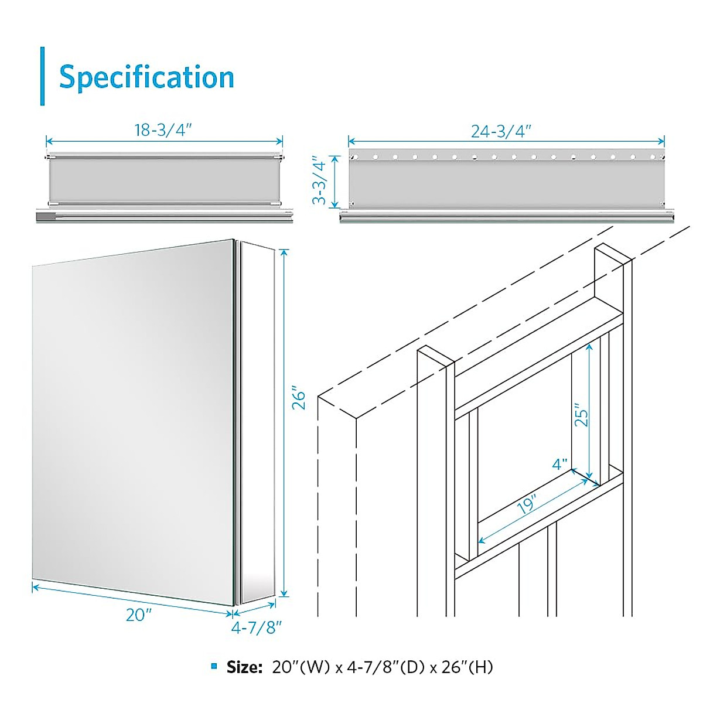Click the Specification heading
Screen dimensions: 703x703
tap(146, 77)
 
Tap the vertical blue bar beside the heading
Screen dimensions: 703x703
tap(42, 76)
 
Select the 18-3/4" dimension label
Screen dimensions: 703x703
tap(163, 130)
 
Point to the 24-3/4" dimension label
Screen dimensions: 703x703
tap(501, 131)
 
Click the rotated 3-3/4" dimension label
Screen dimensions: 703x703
tap(319, 180)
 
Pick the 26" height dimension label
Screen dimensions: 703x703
tap(299, 398)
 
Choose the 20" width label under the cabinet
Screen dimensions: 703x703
tap(139, 615)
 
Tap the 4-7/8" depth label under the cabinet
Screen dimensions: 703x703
tap(257, 628)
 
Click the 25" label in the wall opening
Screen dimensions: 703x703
tap(581, 415)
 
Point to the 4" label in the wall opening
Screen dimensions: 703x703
tap(560, 465)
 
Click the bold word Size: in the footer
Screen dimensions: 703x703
tap(245, 667)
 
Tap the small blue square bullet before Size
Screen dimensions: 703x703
tap(214, 667)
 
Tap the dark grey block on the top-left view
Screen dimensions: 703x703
tap(45, 217)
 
